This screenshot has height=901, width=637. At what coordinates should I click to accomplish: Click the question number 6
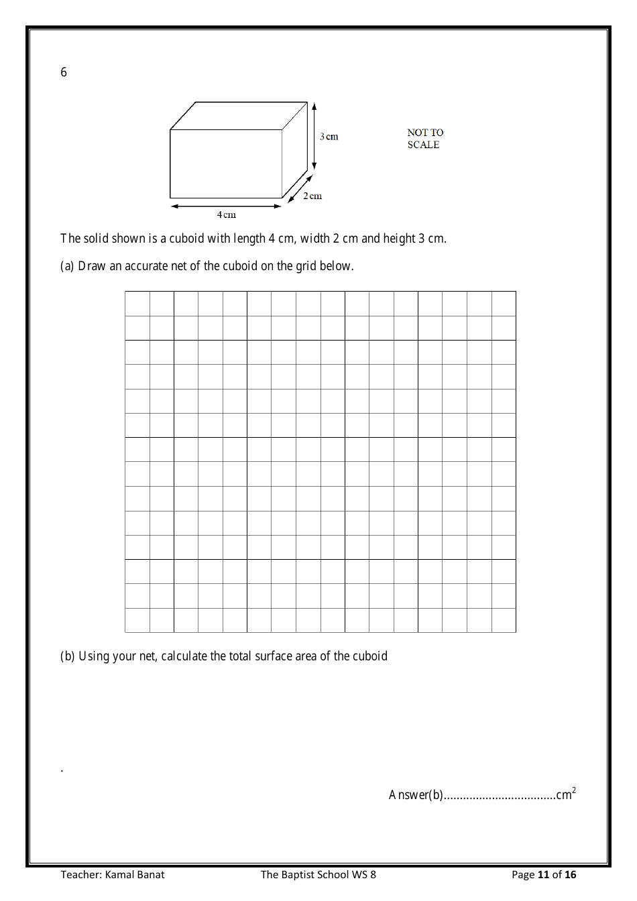64,72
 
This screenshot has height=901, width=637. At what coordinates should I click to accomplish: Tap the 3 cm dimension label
329,137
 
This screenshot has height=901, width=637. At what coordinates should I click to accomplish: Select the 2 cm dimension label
312,196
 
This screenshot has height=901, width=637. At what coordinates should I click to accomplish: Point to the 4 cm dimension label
227,215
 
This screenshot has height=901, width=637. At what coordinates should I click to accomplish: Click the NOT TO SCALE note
424,139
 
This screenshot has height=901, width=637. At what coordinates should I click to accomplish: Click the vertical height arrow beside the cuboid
314,137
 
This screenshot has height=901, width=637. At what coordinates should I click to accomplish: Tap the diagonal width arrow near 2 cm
300,188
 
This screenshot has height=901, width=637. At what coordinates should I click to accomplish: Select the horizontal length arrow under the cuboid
226,206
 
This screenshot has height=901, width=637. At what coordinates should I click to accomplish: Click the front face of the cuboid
226,164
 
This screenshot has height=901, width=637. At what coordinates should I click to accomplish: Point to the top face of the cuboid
239,116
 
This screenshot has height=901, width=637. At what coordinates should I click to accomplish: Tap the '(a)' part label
67,266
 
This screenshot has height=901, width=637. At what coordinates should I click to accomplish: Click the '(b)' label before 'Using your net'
67,656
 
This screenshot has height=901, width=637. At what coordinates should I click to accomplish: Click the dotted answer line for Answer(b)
500,796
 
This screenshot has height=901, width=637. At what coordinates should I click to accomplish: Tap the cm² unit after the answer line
565,794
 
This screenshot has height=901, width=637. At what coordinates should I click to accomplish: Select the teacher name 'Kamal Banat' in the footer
135,874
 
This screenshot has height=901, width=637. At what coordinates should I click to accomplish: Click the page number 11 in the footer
543,874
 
